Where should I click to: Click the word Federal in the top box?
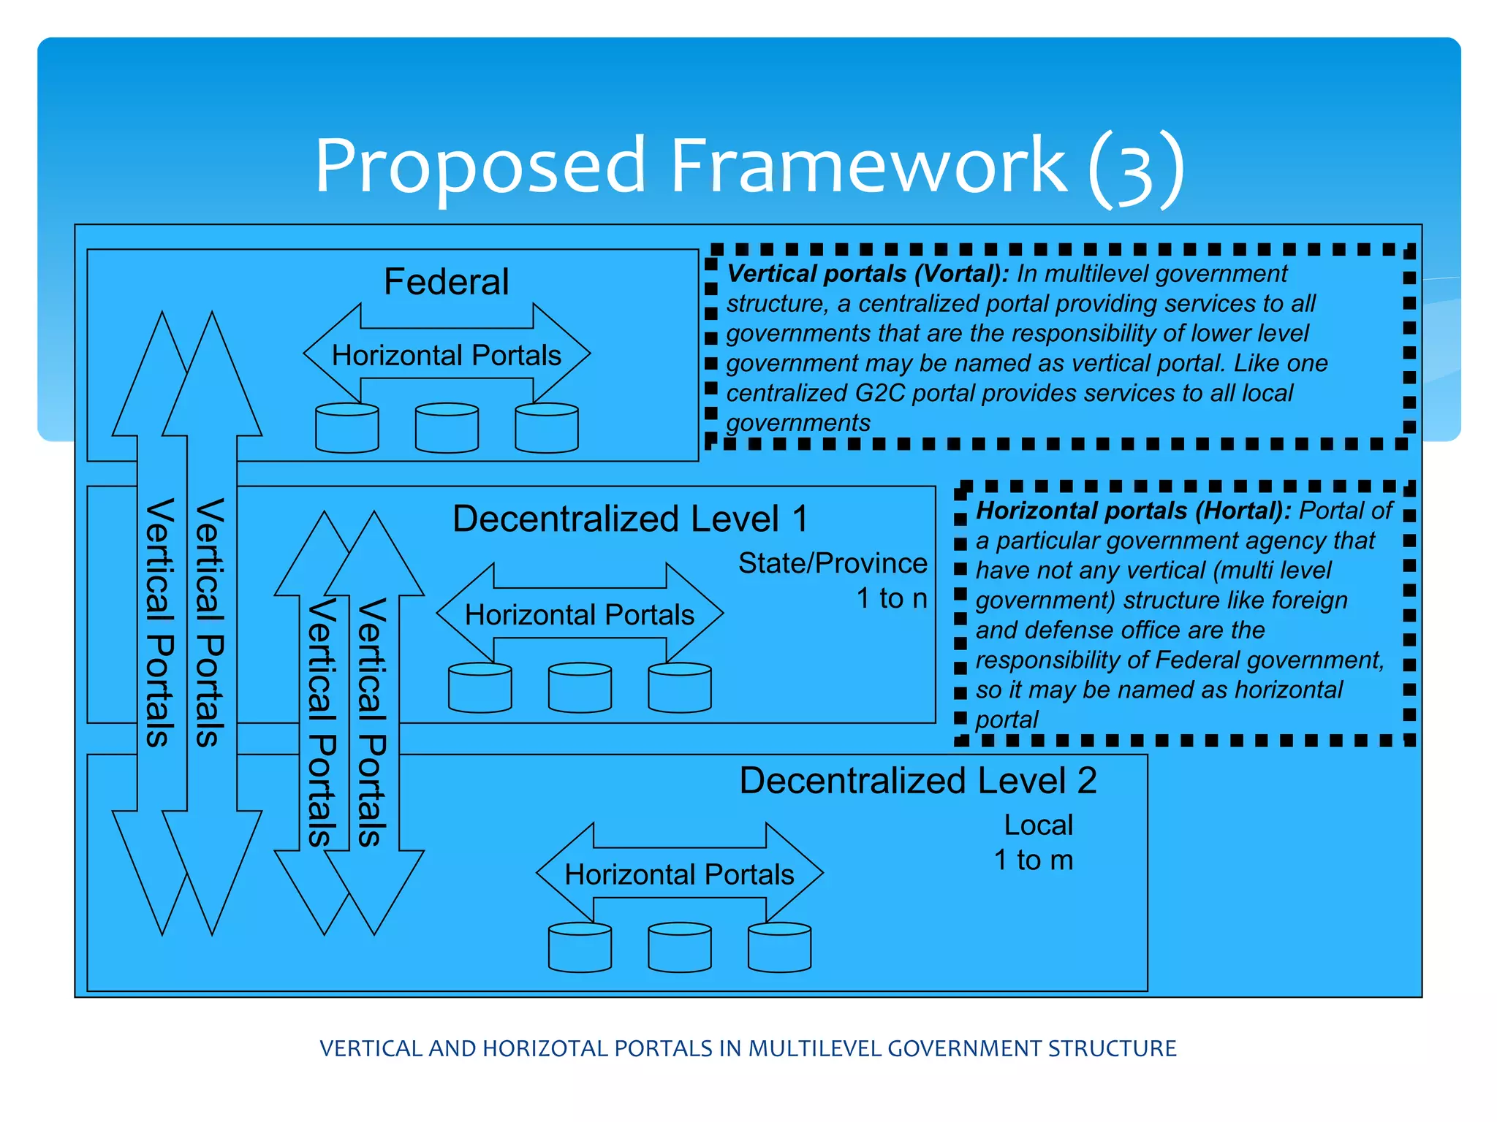(446, 282)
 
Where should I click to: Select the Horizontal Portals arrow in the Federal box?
(447, 355)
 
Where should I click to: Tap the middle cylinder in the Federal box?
(447, 428)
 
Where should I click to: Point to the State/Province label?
(832, 563)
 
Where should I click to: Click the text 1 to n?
(891, 598)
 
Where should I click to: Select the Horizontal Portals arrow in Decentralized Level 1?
(580, 614)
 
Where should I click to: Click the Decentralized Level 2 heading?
(918, 780)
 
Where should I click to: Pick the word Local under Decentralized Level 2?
(1038, 825)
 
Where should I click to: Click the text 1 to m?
(1034, 860)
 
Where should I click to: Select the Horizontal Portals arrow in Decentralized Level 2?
(679, 874)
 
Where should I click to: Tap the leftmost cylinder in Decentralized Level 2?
(580, 947)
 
